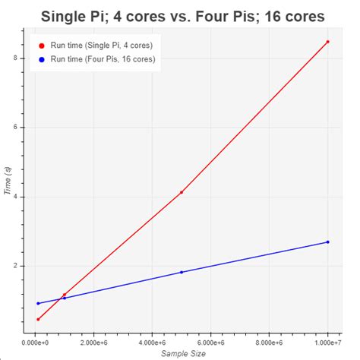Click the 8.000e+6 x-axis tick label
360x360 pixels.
click(x=269, y=345)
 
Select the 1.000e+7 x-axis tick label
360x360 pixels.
click(x=327, y=345)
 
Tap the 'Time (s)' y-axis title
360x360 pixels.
click(x=8, y=182)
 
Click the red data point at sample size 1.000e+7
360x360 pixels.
click(x=327, y=42)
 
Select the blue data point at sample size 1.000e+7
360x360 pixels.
click(x=327, y=242)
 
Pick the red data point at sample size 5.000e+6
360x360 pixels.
click(x=182, y=192)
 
